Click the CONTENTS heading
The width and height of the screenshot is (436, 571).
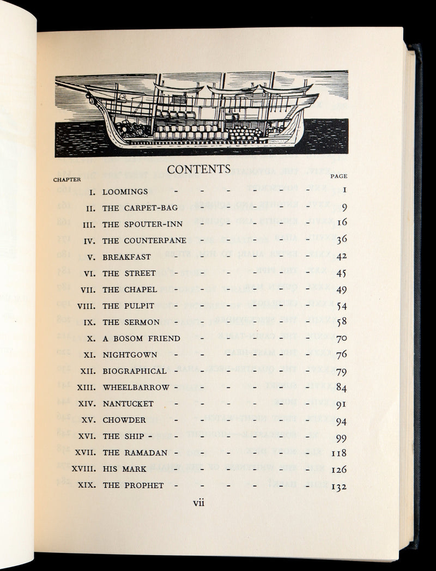[199, 169]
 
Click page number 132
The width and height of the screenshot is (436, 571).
[338, 487]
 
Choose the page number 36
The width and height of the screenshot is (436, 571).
[342, 240]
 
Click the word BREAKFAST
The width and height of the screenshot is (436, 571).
[127, 257]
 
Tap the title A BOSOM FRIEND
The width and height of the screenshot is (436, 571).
[142, 338]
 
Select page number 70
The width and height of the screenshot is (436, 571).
[342, 339]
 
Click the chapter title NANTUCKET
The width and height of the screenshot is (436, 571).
[128, 404]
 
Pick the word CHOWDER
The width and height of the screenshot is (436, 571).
[124, 420]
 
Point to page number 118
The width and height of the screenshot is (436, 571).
[339, 453]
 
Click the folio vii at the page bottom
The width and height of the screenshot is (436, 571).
[199, 503]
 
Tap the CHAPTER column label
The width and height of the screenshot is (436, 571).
[67, 179]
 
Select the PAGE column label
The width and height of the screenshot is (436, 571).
[339, 176]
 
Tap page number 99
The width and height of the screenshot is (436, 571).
[342, 438]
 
